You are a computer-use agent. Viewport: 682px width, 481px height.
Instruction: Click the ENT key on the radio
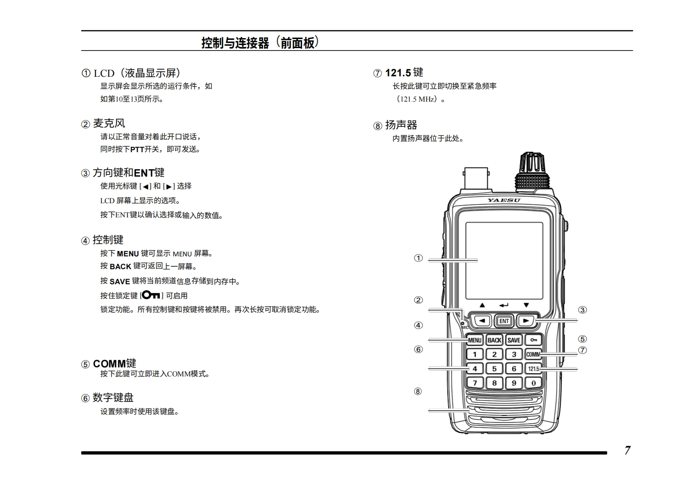click(504, 321)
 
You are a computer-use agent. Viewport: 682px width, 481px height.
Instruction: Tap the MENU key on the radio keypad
click(475, 340)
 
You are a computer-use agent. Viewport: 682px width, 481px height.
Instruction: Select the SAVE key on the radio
click(514, 340)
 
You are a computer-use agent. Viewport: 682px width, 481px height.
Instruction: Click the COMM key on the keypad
click(533, 354)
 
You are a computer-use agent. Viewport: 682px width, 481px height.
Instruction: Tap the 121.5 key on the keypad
click(533, 369)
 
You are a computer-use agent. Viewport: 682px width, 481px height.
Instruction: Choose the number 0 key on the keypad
click(533, 383)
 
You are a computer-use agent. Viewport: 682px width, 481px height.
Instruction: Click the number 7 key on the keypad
click(475, 383)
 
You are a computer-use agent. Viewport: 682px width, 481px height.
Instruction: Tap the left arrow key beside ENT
click(482, 321)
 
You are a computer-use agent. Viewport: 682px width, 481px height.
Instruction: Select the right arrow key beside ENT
click(526, 321)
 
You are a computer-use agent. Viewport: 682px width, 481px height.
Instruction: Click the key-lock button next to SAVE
click(533, 340)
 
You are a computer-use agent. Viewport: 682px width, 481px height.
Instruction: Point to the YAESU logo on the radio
click(504, 200)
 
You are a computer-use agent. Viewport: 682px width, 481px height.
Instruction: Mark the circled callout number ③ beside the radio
click(582, 310)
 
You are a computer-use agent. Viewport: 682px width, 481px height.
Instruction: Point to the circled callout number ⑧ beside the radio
click(418, 391)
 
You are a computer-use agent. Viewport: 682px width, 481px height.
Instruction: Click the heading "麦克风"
click(109, 123)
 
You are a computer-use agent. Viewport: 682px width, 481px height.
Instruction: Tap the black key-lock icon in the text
click(151, 295)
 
